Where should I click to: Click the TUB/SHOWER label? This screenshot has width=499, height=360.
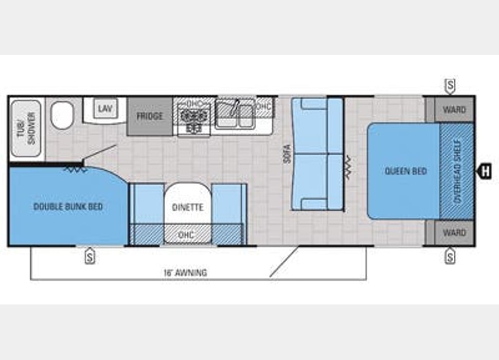tap(27, 128)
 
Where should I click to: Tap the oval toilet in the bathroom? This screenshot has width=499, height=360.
tap(62, 115)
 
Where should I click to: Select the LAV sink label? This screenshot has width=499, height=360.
tap(105, 109)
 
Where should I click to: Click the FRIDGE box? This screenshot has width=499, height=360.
tap(150, 116)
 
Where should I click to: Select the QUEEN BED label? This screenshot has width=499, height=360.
tap(406, 171)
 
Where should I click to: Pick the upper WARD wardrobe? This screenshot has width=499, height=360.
tap(454, 110)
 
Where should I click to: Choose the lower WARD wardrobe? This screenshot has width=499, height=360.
tap(454, 233)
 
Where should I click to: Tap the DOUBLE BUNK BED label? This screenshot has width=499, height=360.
tap(68, 207)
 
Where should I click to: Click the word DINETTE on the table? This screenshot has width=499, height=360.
tap(188, 208)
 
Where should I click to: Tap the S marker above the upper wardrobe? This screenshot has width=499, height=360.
tap(450, 85)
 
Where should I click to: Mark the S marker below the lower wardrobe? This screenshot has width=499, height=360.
tap(450, 256)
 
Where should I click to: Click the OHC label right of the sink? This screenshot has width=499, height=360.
tap(263, 106)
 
